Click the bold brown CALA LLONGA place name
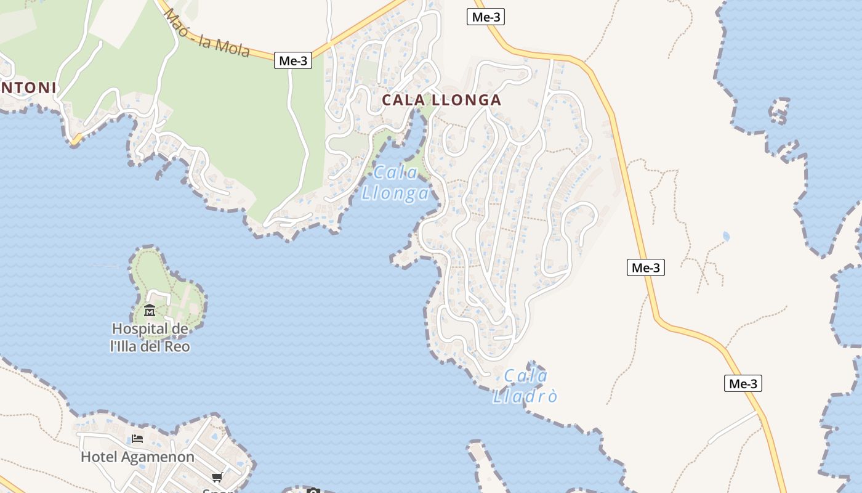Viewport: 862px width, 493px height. tap(441, 100)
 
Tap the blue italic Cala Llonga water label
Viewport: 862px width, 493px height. tap(395, 183)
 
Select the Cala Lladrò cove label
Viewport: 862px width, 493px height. tap(525, 386)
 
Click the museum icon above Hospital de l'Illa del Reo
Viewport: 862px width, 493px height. tap(150, 310)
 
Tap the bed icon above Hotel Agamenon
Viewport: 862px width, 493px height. tap(137, 439)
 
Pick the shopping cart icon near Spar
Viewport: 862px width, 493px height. tap(217, 477)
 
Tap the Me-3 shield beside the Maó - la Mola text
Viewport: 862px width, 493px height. tap(293, 60)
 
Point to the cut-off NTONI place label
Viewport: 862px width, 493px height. tap(28, 88)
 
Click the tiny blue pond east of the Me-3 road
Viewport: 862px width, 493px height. tap(726, 236)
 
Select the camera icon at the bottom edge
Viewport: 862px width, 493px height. tap(313, 491)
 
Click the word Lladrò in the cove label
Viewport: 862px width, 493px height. tap(525, 396)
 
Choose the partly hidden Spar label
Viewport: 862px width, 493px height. tap(218, 491)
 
